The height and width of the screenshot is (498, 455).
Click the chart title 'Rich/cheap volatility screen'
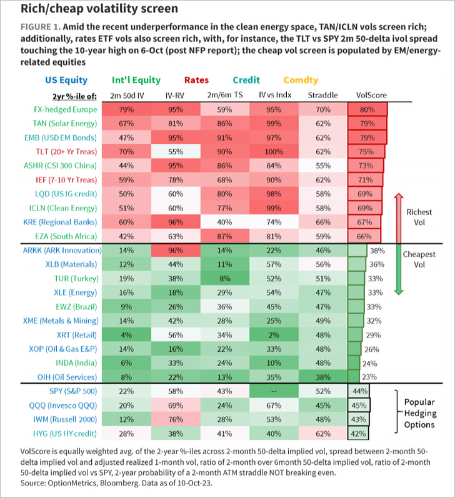pos(91,9)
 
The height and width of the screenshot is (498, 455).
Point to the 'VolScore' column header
pos(371,95)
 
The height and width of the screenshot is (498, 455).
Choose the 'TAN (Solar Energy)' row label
pos(65,123)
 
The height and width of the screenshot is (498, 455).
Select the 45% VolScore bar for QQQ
pos(358,404)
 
